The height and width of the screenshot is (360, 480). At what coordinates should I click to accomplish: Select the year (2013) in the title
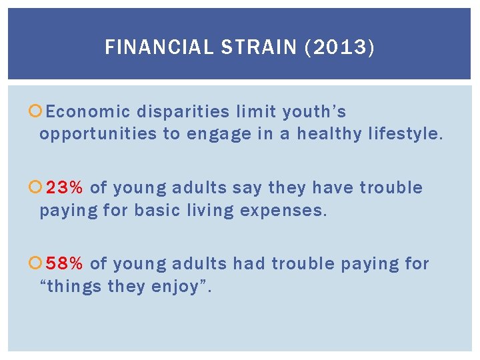pyautogui.click(x=341, y=47)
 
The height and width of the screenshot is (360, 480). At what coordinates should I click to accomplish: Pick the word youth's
pyautogui.click(x=314, y=112)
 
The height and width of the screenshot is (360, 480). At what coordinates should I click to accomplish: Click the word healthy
pyautogui.click(x=329, y=134)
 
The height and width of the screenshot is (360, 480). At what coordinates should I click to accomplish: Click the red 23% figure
pyautogui.click(x=64, y=188)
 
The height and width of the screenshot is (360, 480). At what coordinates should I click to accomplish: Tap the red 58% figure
pyautogui.click(x=64, y=264)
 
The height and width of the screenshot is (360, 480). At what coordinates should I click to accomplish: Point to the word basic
pyautogui.click(x=157, y=211)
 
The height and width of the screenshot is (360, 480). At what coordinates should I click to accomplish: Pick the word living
pyautogui.click(x=209, y=211)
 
